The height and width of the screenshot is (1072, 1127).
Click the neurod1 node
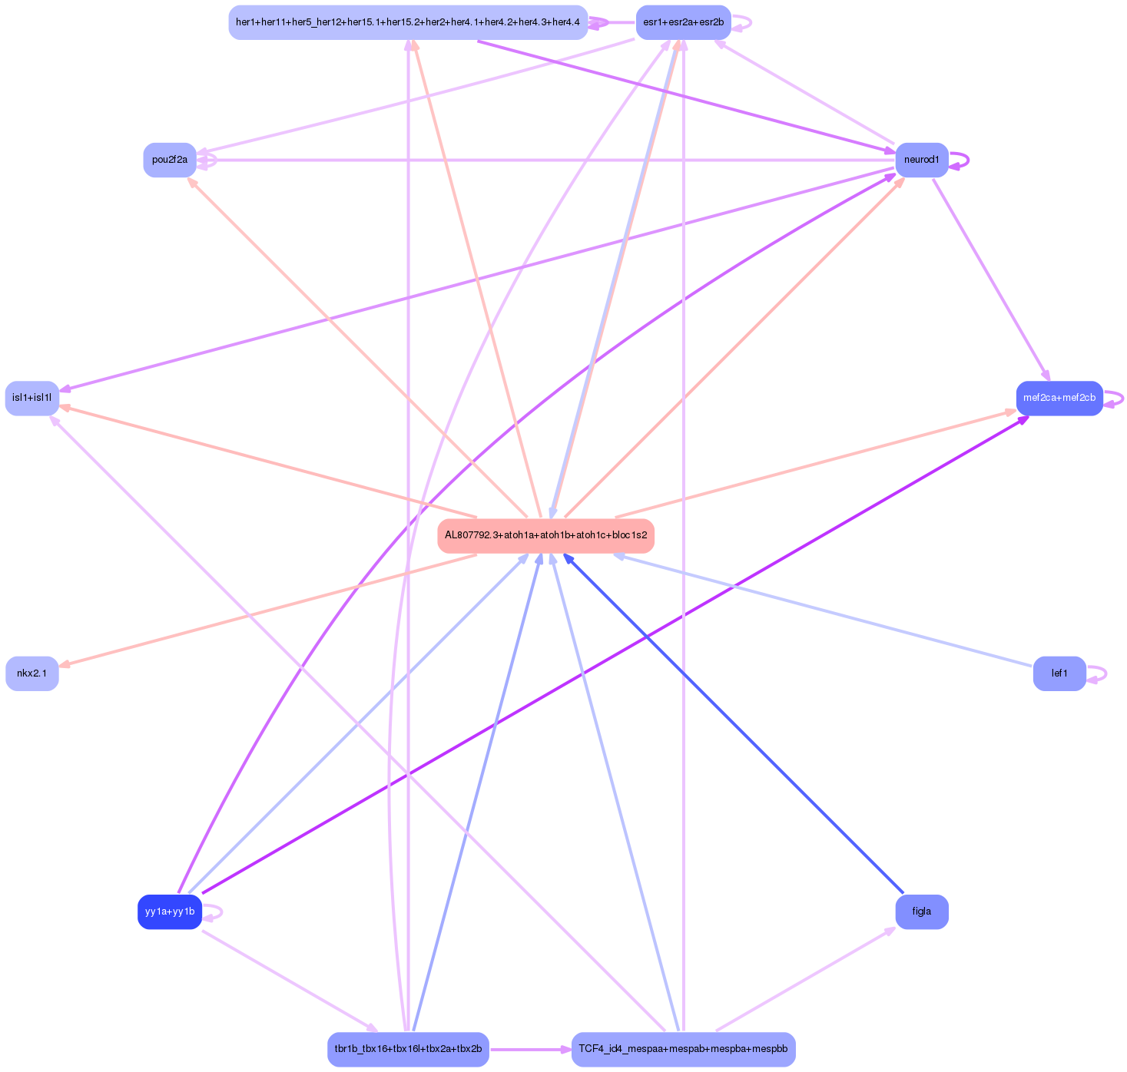tap(921, 160)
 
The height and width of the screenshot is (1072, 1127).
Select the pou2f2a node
tap(170, 160)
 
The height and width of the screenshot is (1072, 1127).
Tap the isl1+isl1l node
tap(32, 398)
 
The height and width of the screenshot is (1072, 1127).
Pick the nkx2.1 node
tap(32, 673)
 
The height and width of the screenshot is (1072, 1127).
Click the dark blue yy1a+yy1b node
tap(170, 912)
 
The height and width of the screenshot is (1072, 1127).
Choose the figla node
tap(921, 912)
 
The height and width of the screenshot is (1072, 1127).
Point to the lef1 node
tap(1059, 673)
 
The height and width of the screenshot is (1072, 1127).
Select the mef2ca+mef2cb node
tap(1059, 398)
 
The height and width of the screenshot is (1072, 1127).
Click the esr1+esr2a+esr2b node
tap(683, 22)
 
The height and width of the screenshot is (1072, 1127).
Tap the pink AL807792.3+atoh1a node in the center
tap(545, 535)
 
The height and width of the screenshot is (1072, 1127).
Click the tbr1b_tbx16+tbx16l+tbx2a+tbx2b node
tap(408, 1049)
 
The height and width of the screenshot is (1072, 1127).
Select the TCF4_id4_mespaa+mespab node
tap(683, 1049)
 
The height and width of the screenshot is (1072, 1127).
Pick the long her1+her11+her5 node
tap(408, 22)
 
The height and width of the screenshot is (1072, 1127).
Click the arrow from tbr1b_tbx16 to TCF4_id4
tap(530, 1049)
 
